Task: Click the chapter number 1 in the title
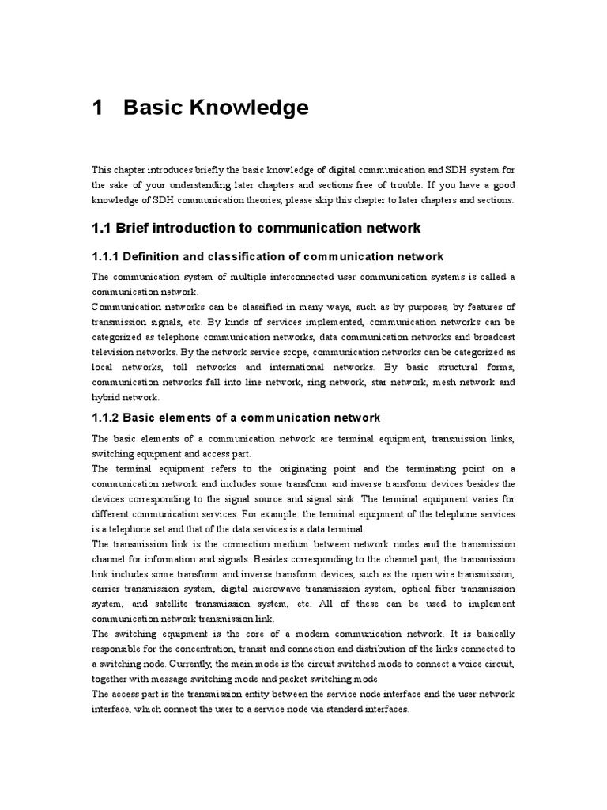(x=98, y=108)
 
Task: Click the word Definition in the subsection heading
(x=165, y=256)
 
